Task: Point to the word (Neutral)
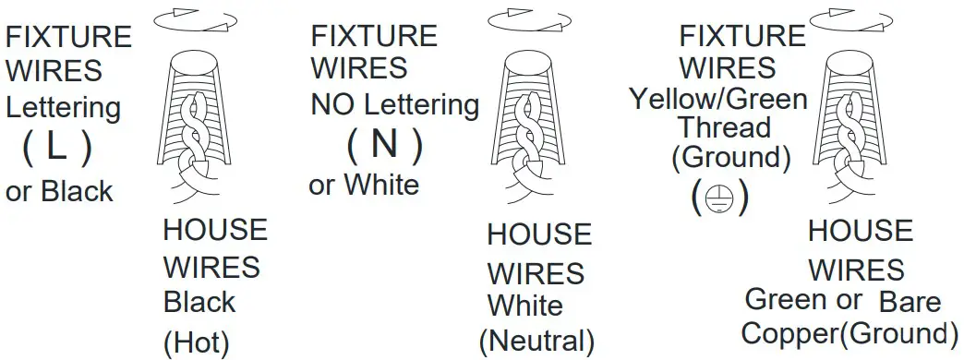click(x=536, y=340)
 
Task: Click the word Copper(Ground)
click(x=848, y=333)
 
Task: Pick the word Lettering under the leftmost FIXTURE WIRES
click(x=64, y=107)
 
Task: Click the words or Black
click(x=59, y=191)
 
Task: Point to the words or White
click(x=363, y=185)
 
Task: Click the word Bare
click(x=910, y=301)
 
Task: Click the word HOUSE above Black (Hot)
click(x=215, y=229)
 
